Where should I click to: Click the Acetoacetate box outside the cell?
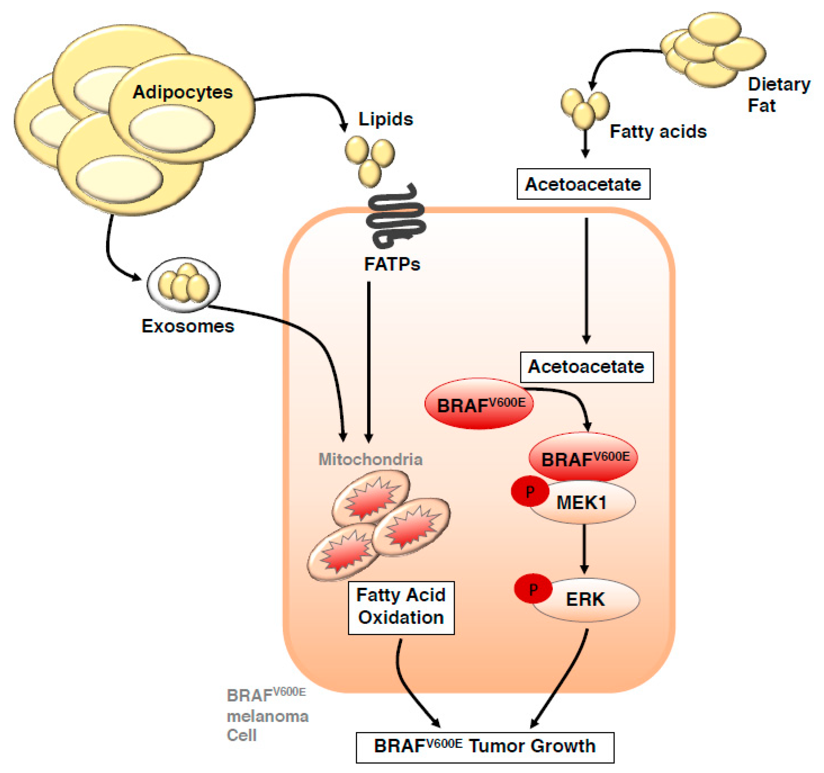click(x=584, y=184)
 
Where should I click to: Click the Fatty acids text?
click(x=658, y=132)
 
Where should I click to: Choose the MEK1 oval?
click(x=582, y=502)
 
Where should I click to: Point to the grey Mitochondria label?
click(x=371, y=460)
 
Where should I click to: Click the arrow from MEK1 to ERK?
click(x=584, y=550)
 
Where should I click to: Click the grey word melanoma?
click(x=268, y=717)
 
